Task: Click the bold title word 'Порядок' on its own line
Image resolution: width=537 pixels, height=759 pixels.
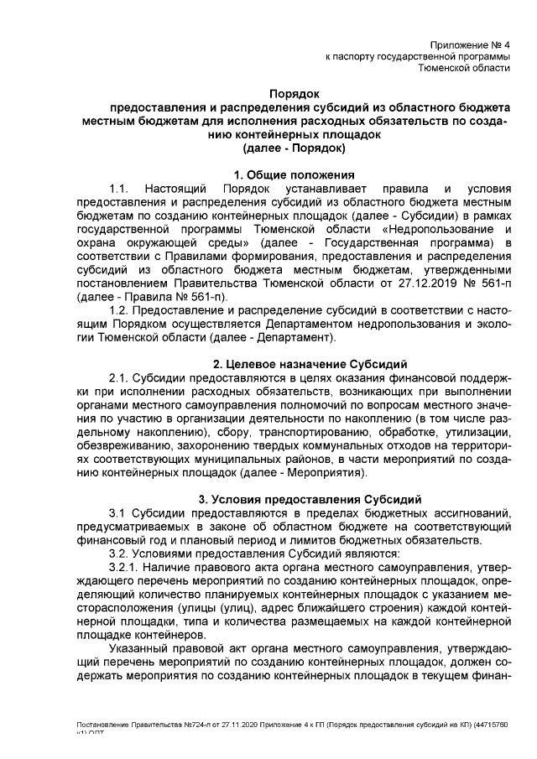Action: pyautogui.click(x=293, y=95)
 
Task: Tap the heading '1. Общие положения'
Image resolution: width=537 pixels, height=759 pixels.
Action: pyautogui.click(x=293, y=174)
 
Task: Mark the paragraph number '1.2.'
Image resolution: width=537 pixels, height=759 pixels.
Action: pyautogui.click(x=118, y=310)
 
